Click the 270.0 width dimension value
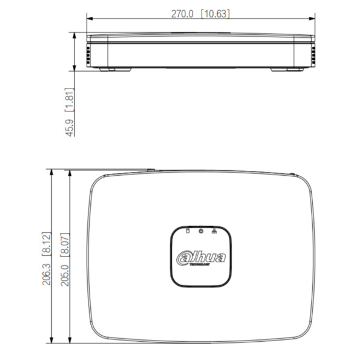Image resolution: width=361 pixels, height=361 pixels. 182,14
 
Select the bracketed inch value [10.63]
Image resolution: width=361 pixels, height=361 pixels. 214,14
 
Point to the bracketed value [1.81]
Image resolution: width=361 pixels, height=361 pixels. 70,99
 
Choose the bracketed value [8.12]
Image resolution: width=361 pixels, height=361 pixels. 47,243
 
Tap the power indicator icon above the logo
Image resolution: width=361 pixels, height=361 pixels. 201,230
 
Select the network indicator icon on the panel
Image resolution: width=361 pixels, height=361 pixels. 215,230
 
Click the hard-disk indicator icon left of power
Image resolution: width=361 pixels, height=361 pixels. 187,230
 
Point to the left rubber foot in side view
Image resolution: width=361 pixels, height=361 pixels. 107,69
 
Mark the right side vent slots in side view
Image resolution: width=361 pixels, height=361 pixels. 313,55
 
